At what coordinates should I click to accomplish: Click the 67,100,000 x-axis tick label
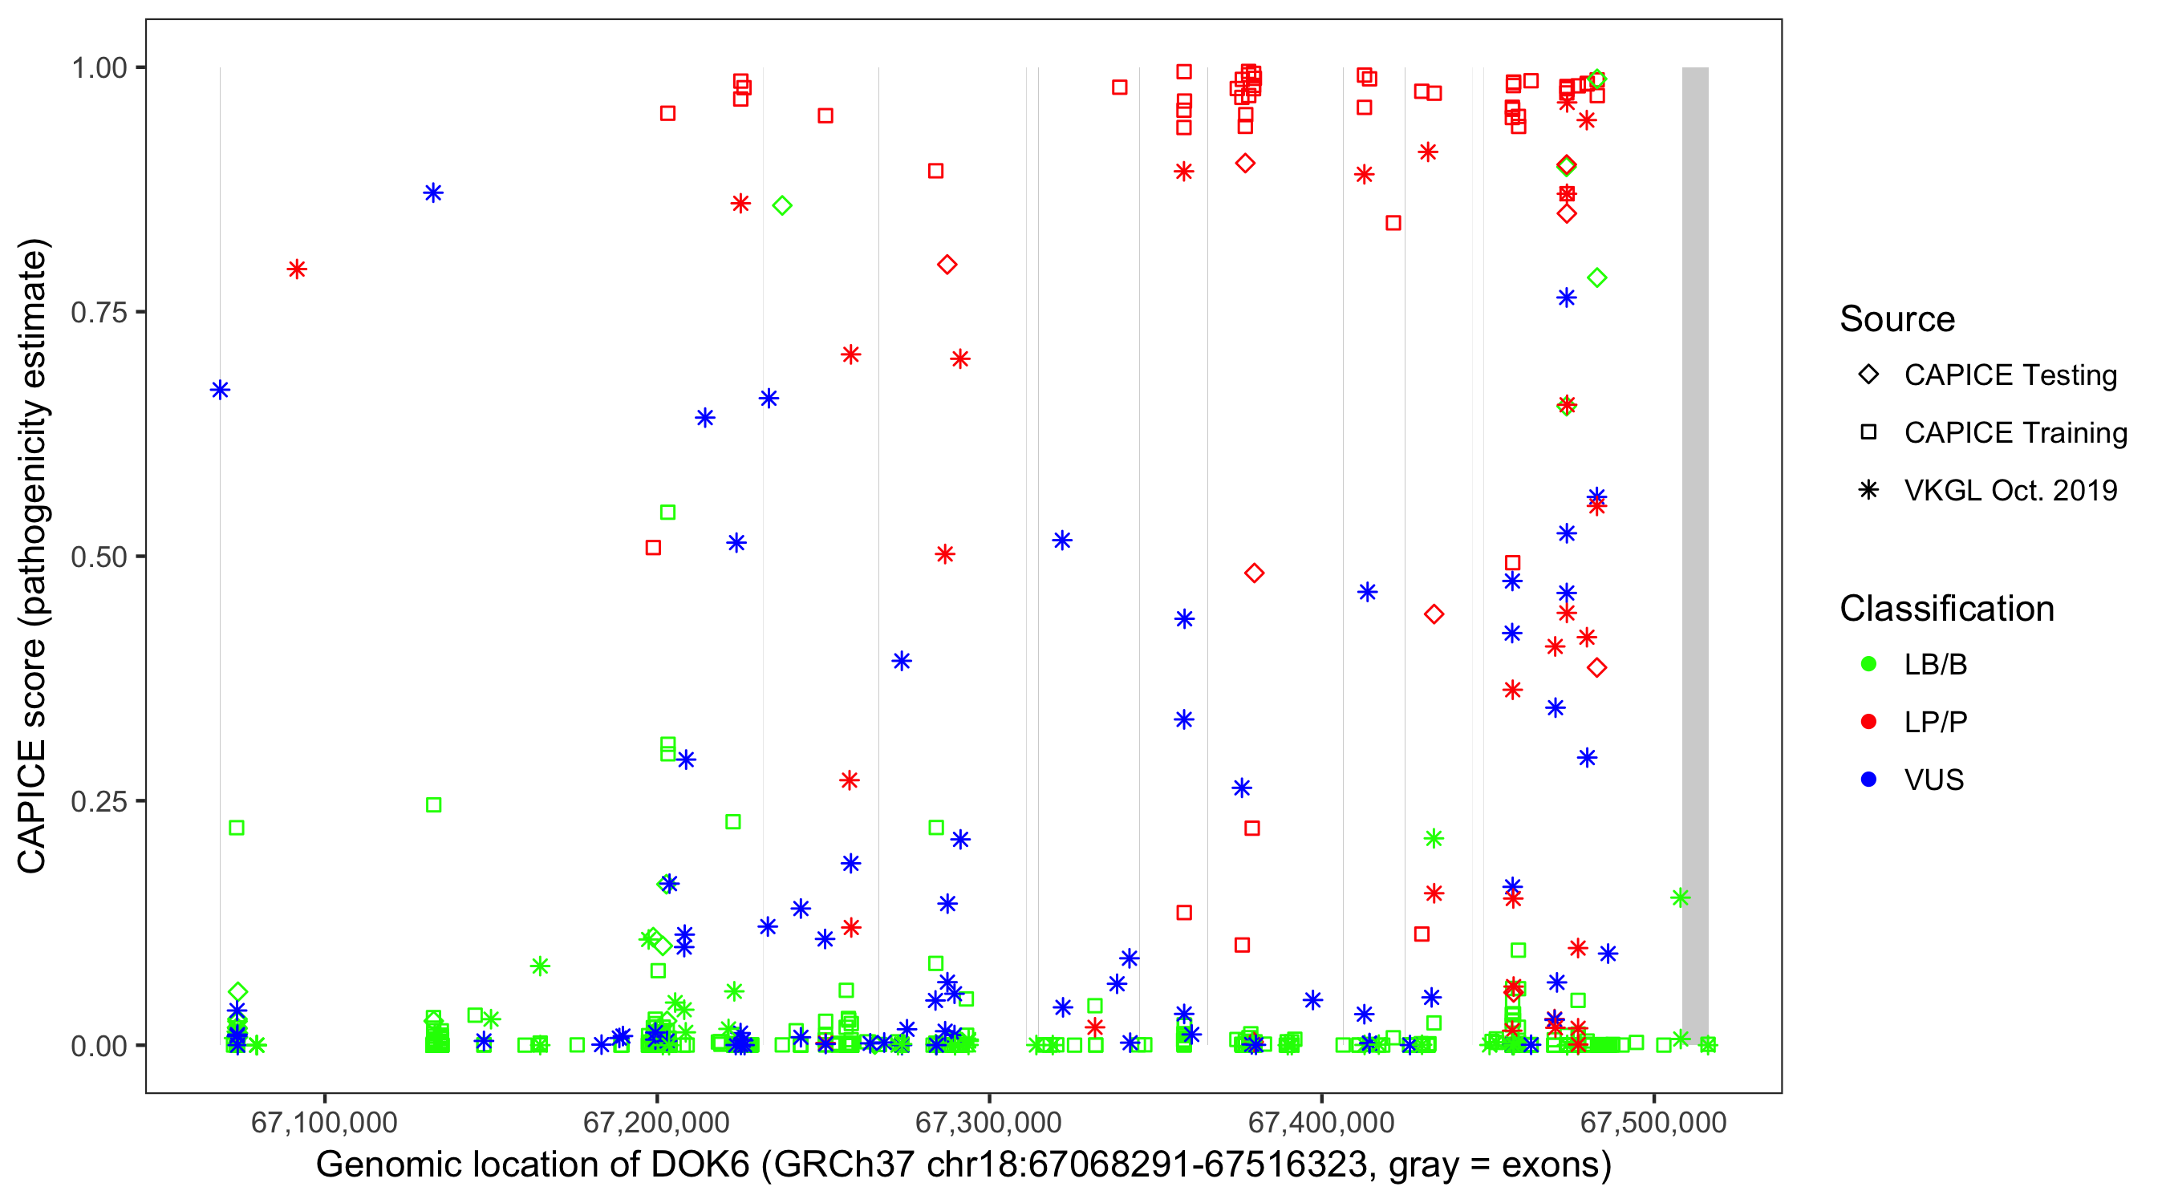pyautogui.click(x=324, y=1122)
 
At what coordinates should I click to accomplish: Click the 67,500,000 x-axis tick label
pyautogui.click(x=1653, y=1122)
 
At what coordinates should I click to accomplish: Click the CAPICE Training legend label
pyautogui.click(x=2014, y=433)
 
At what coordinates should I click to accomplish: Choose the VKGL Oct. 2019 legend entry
pyautogui.click(x=2010, y=490)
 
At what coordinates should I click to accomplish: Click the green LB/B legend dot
pyautogui.click(x=1868, y=664)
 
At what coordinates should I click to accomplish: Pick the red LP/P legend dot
pyautogui.click(x=1868, y=722)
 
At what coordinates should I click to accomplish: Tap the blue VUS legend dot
pyautogui.click(x=1868, y=780)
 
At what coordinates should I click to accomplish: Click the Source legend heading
pyautogui.click(x=1897, y=319)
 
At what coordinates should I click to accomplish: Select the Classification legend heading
pyautogui.click(x=1946, y=609)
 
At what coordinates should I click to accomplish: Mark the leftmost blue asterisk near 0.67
pyautogui.click(x=221, y=390)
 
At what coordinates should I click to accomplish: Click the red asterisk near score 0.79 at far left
pyautogui.click(x=297, y=269)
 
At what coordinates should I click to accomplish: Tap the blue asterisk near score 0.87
pyautogui.click(x=433, y=193)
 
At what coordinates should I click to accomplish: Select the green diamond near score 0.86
pyautogui.click(x=782, y=206)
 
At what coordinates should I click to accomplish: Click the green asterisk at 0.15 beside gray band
pyautogui.click(x=1680, y=897)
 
